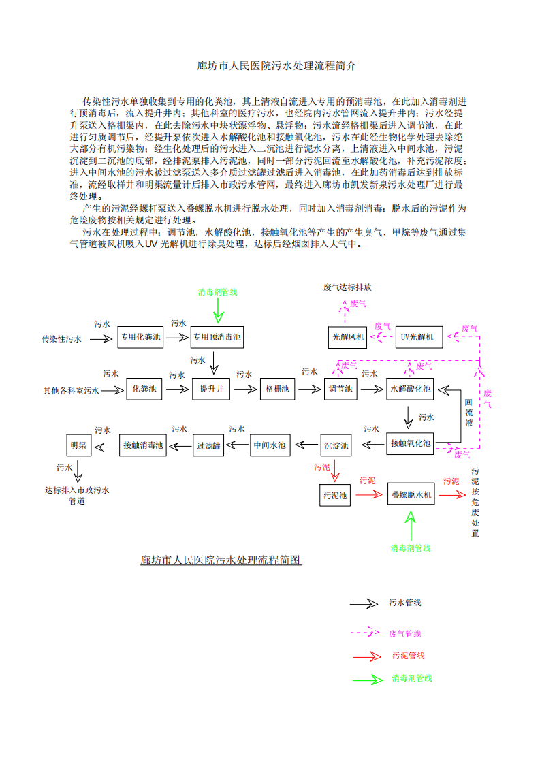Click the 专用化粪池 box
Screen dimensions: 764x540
click(x=140, y=337)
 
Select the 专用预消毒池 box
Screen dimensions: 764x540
click(x=217, y=337)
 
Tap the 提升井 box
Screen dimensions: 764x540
click(x=212, y=389)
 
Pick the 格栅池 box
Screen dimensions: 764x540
click(x=277, y=389)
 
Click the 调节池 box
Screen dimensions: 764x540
click(x=340, y=389)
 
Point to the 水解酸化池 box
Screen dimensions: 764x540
click(x=410, y=389)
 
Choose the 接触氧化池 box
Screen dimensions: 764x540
click(x=410, y=443)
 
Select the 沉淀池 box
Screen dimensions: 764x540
click(x=336, y=445)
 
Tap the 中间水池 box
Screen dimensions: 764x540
click(x=270, y=445)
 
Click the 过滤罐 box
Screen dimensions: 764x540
click(x=208, y=445)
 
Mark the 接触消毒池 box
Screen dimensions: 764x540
click(x=142, y=445)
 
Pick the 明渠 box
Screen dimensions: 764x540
click(x=78, y=445)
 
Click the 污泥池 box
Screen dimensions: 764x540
click(x=335, y=495)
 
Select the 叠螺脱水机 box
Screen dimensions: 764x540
click(x=411, y=495)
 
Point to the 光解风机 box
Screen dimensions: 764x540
click(x=348, y=337)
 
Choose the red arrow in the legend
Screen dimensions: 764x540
click(x=367, y=656)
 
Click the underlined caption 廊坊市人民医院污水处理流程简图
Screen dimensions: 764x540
click(x=221, y=560)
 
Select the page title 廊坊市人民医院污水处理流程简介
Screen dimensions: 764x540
click(x=276, y=66)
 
